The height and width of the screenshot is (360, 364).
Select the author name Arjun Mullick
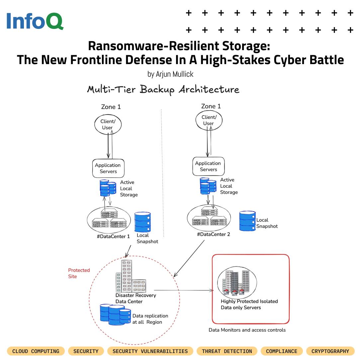170,74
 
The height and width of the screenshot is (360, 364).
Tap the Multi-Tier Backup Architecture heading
163,89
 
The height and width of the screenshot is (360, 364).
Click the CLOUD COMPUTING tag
36,351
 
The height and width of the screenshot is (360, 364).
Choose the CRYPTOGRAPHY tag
330,351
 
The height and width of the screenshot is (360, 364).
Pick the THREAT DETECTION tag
227,351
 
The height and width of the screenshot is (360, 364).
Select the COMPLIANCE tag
282,351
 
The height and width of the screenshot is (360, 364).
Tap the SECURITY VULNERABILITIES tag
150,351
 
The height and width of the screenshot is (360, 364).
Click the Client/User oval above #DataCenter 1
107,125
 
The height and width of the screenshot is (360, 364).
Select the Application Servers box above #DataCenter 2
208,166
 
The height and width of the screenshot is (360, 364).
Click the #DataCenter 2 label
214,234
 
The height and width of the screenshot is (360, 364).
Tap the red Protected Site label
79,273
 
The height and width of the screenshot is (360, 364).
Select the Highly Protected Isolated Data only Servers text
249,304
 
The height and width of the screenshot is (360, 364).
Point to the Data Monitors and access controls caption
247,330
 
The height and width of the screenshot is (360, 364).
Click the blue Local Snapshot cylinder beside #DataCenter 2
247,221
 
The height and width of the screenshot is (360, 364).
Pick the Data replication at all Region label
150,319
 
